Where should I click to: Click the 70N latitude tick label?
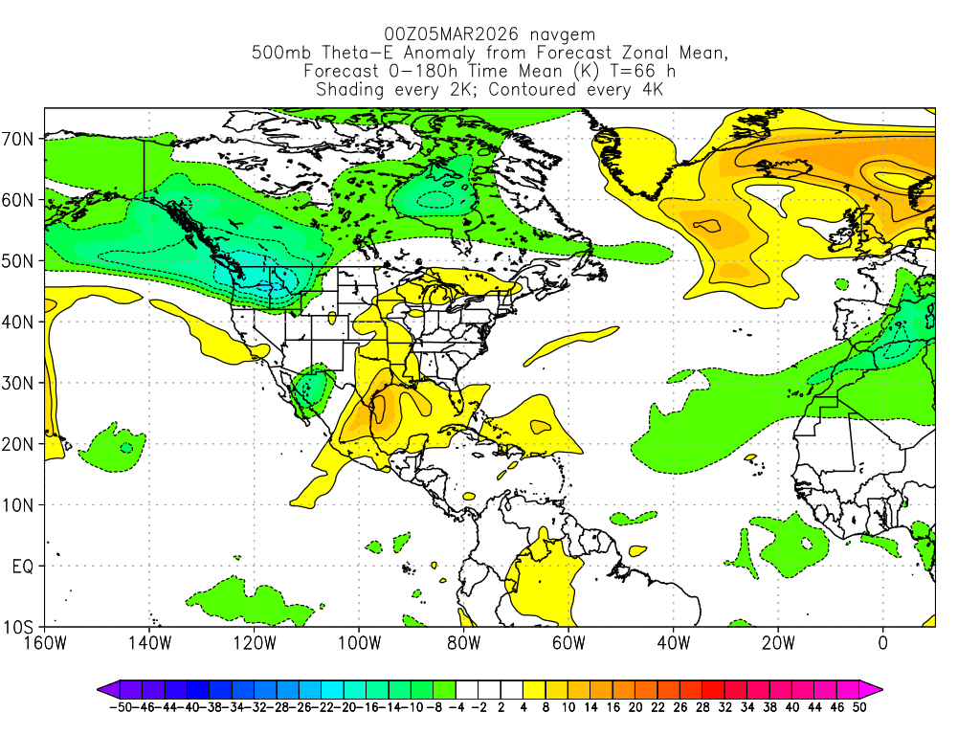pos(21,139)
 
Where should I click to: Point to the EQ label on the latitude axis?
pos(24,567)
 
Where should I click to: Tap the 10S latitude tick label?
pos(21,628)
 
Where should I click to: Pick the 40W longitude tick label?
pos(673,642)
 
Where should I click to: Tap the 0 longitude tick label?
pos(882,642)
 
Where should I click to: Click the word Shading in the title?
pos(349,89)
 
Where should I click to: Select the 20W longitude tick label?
pos(777,642)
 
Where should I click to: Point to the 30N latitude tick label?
pos(21,384)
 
